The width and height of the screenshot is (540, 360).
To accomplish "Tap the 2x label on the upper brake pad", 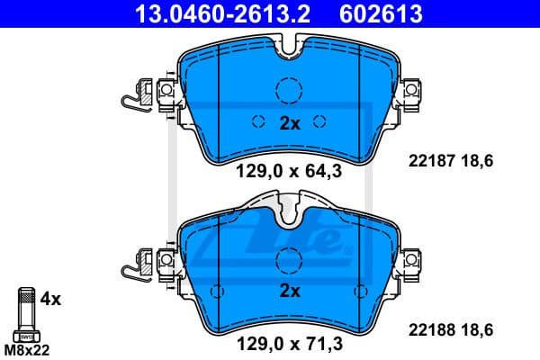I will click(x=289, y=124).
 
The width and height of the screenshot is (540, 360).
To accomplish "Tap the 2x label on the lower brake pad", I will click(x=289, y=292).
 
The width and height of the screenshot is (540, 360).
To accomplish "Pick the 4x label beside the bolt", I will click(x=51, y=296).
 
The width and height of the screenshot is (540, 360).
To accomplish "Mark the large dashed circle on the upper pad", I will click(x=289, y=90).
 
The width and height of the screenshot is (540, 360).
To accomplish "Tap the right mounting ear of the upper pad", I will click(x=412, y=90).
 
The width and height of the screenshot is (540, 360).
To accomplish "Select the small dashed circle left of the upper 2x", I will click(x=256, y=124).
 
